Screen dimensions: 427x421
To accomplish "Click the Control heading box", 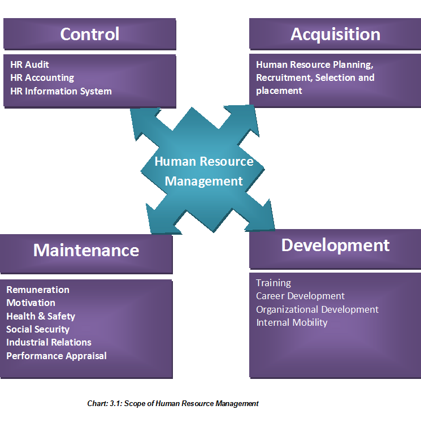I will (89, 34).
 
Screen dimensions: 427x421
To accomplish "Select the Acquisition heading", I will (335, 34).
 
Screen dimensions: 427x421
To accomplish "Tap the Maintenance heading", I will (86, 250).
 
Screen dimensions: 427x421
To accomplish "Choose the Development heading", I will (335, 245).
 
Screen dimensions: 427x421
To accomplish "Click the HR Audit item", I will (29, 64).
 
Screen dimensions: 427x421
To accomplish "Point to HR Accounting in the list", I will (42, 77).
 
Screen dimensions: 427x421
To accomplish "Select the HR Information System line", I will (60, 91).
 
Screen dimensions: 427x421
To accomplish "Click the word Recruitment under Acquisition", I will (283, 77).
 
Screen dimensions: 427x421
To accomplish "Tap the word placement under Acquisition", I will (279, 90).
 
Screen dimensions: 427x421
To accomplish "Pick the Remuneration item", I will (38, 290).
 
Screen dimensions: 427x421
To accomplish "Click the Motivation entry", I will (31, 303).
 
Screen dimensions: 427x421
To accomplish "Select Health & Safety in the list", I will (41, 316).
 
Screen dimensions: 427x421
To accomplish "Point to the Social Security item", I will (38, 329).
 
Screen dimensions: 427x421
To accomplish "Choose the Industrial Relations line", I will (49, 342).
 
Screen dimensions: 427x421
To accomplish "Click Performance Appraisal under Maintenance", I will (56, 356).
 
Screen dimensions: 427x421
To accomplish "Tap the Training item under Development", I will (274, 283).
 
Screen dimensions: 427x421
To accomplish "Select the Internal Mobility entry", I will (292, 322).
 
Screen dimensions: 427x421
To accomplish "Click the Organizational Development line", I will (317, 309).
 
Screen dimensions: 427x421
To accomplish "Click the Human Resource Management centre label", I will (204, 171).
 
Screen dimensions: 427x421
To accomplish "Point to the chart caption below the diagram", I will (173, 403).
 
